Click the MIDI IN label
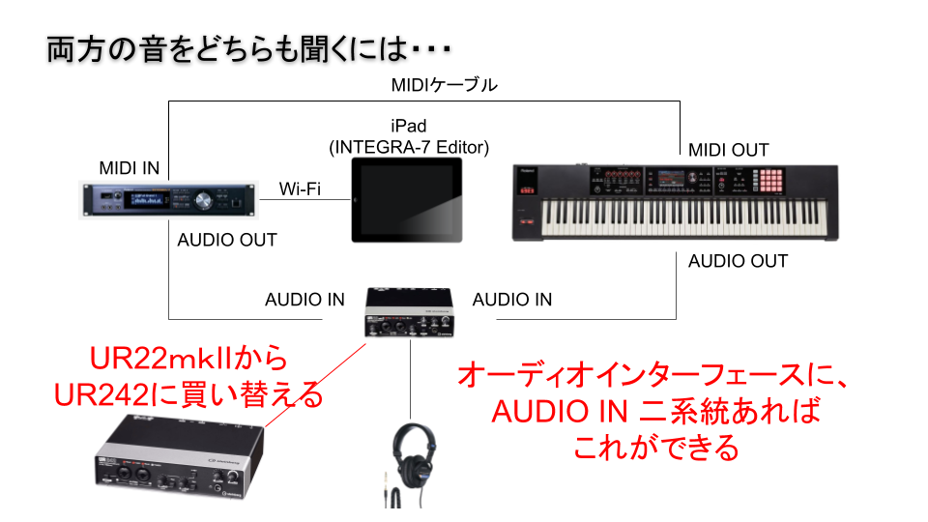click(x=129, y=168)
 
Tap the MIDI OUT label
click(x=729, y=151)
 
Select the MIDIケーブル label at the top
click(x=444, y=85)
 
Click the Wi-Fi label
click(x=300, y=188)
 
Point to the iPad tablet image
click(x=407, y=200)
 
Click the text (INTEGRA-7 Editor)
click(x=409, y=147)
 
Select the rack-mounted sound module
click(x=168, y=201)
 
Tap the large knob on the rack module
click(x=203, y=201)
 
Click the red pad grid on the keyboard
click(x=771, y=181)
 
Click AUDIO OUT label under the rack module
click(x=227, y=240)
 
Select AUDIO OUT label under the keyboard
click(x=738, y=261)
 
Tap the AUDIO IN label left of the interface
click(x=304, y=300)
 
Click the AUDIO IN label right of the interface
click(x=512, y=300)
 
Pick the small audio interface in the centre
click(x=410, y=313)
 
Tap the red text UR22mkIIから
click(x=188, y=359)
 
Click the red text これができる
click(x=656, y=448)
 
